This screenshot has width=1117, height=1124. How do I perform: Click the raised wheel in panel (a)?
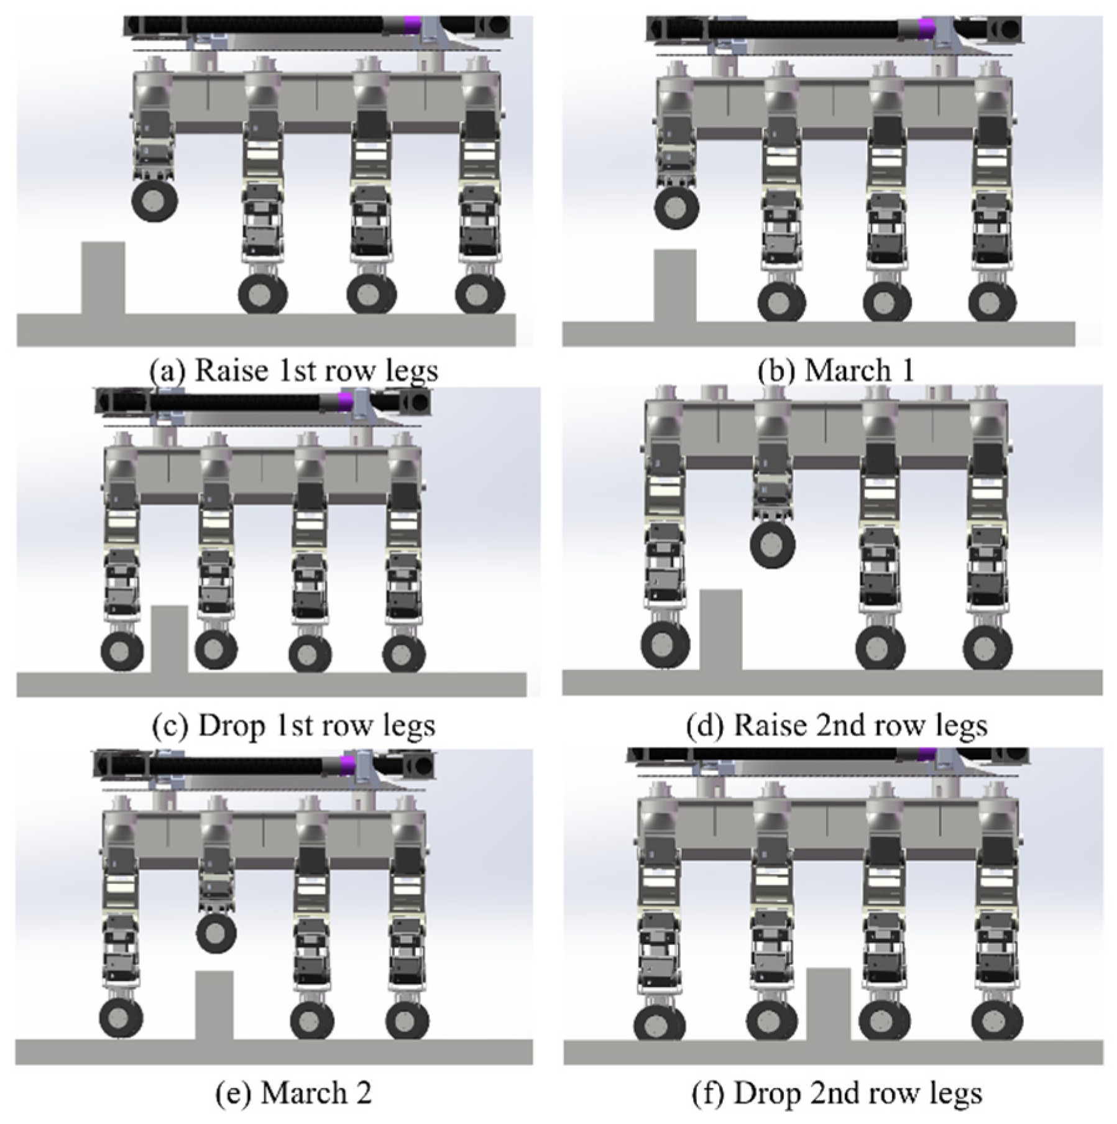[x=155, y=200]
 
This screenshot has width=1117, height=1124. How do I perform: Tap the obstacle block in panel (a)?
[x=103, y=278]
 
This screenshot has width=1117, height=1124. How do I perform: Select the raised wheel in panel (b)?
[x=677, y=208]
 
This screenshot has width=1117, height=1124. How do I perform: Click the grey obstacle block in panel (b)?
[x=674, y=286]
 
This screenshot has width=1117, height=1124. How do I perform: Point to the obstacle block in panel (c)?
[x=169, y=639]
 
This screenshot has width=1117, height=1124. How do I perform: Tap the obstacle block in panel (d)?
[x=720, y=630]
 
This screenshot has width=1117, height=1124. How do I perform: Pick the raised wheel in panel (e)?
[x=216, y=934]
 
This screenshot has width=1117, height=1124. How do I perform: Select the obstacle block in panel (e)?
[x=214, y=1005]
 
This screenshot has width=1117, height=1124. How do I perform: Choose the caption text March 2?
[x=316, y=1093]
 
